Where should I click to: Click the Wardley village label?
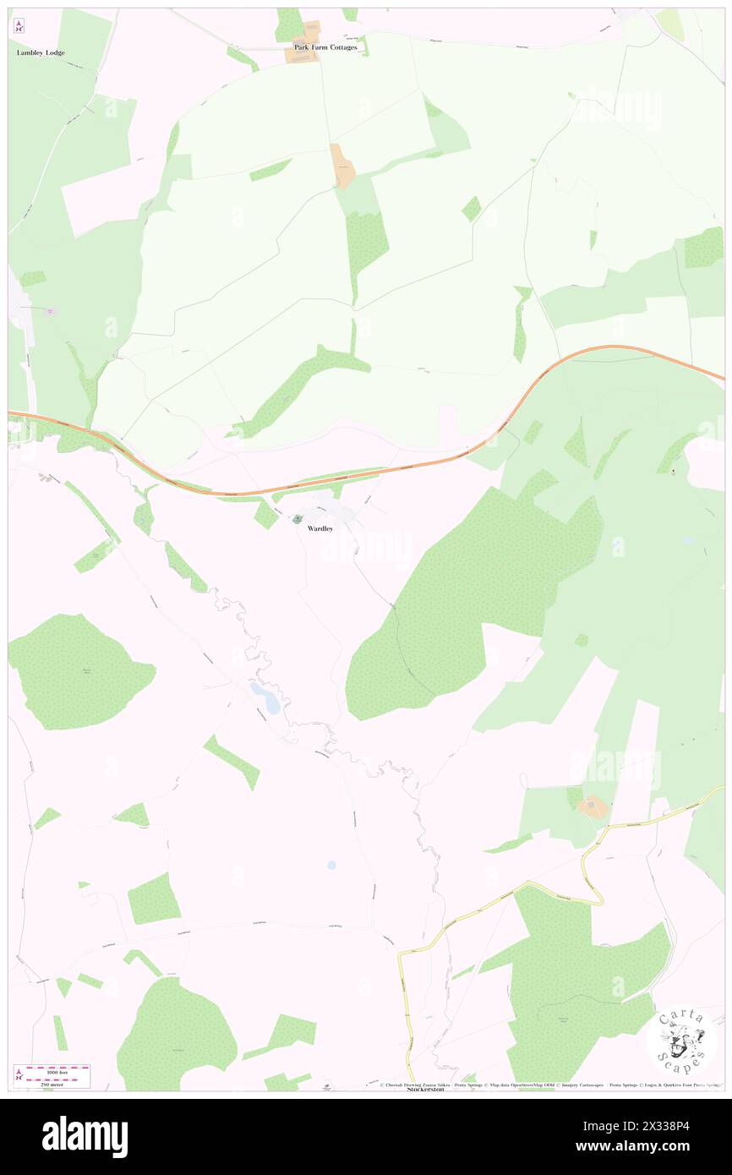click(x=320, y=528)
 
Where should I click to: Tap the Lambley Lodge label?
click(x=41, y=52)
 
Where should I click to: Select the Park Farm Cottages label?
click(x=325, y=47)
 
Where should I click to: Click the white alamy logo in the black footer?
click(x=85, y=1136)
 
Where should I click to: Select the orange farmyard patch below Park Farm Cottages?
click(x=342, y=166)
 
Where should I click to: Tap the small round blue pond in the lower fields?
click(x=330, y=865)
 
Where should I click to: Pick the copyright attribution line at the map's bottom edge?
click(x=549, y=1085)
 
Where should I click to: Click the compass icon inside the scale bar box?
click(x=19, y=1074)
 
